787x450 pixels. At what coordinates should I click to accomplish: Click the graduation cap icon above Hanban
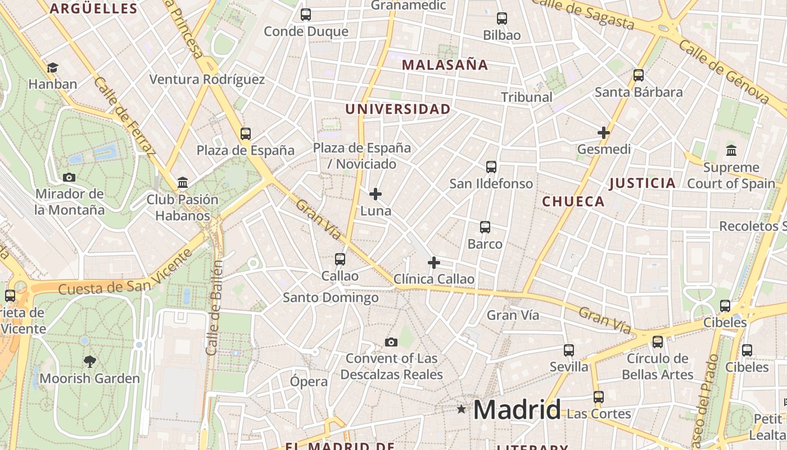point(52,67)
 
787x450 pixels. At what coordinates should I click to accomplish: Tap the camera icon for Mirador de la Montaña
point(69,177)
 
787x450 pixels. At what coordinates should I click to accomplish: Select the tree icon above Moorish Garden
point(89,361)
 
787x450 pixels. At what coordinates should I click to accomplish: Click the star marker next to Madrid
point(462,409)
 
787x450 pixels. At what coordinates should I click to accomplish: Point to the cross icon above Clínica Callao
point(433,263)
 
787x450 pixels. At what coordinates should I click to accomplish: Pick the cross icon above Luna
point(376,195)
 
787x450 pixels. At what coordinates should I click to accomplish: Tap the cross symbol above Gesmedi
point(604,133)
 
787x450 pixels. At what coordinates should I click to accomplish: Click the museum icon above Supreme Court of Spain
point(731,150)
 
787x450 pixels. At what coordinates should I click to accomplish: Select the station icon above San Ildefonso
point(491,167)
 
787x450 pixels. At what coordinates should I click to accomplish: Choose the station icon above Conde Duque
point(306,15)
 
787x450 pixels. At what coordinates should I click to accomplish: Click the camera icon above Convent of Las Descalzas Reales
point(391,342)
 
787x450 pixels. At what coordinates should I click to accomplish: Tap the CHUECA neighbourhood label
point(573,201)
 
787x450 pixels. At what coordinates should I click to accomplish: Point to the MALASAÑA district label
point(445,65)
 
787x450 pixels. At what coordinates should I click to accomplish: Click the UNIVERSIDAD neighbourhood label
point(398,109)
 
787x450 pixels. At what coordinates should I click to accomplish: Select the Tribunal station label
point(527,97)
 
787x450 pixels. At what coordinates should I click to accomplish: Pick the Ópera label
point(309,381)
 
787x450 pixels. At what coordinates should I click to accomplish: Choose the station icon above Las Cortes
point(599,397)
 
